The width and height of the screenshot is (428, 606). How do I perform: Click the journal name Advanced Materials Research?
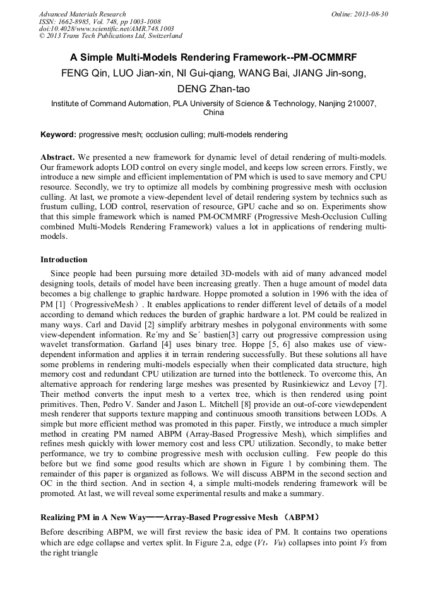(x=83, y=14)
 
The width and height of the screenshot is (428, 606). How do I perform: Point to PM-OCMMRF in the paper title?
(x=328, y=57)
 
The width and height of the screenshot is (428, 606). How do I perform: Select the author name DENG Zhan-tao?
(x=214, y=88)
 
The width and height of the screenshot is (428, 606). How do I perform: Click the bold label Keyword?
(x=58, y=134)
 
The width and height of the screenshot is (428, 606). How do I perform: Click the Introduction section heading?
(x=64, y=260)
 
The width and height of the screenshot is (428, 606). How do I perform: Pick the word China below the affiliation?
(x=213, y=112)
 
